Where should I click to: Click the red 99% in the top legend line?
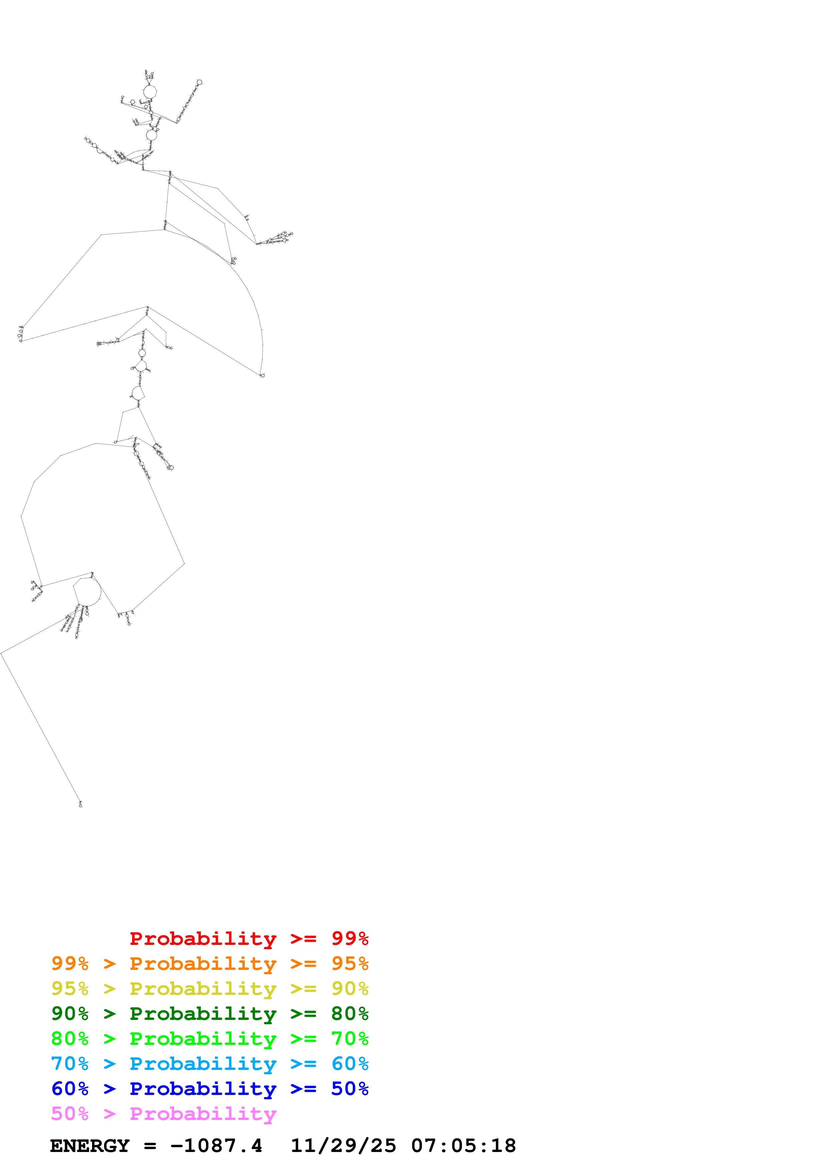pyautogui.click(x=350, y=938)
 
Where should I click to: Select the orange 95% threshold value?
pyautogui.click(x=350, y=963)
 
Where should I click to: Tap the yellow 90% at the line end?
pyautogui.click(x=350, y=988)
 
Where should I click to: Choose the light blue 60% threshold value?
pyautogui.click(x=350, y=1064)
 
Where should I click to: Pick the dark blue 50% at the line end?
pyautogui.click(x=350, y=1089)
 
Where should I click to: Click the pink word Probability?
pyautogui.click(x=203, y=1113)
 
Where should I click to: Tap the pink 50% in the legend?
pyautogui.click(x=70, y=1113)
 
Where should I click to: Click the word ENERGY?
pyautogui.click(x=90, y=1146)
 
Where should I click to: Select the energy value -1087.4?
pyautogui.click(x=217, y=1146)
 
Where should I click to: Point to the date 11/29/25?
pyautogui.click(x=343, y=1146)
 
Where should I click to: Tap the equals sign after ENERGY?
pyautogui.click(x=150, y=1146)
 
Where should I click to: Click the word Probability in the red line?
pyautogui.click(x=203, y=938)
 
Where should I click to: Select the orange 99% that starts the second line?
pyautogui.click(x=70, y=963)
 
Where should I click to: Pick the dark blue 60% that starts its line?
pyautogui.click(x=70, y=1089)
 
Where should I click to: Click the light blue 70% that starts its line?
pyautogui.click(x=70, y=1064)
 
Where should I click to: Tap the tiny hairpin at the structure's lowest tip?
pyautogui.click(x=80, y=804)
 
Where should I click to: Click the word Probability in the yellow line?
pyautogui.click(x=203, y=988)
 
